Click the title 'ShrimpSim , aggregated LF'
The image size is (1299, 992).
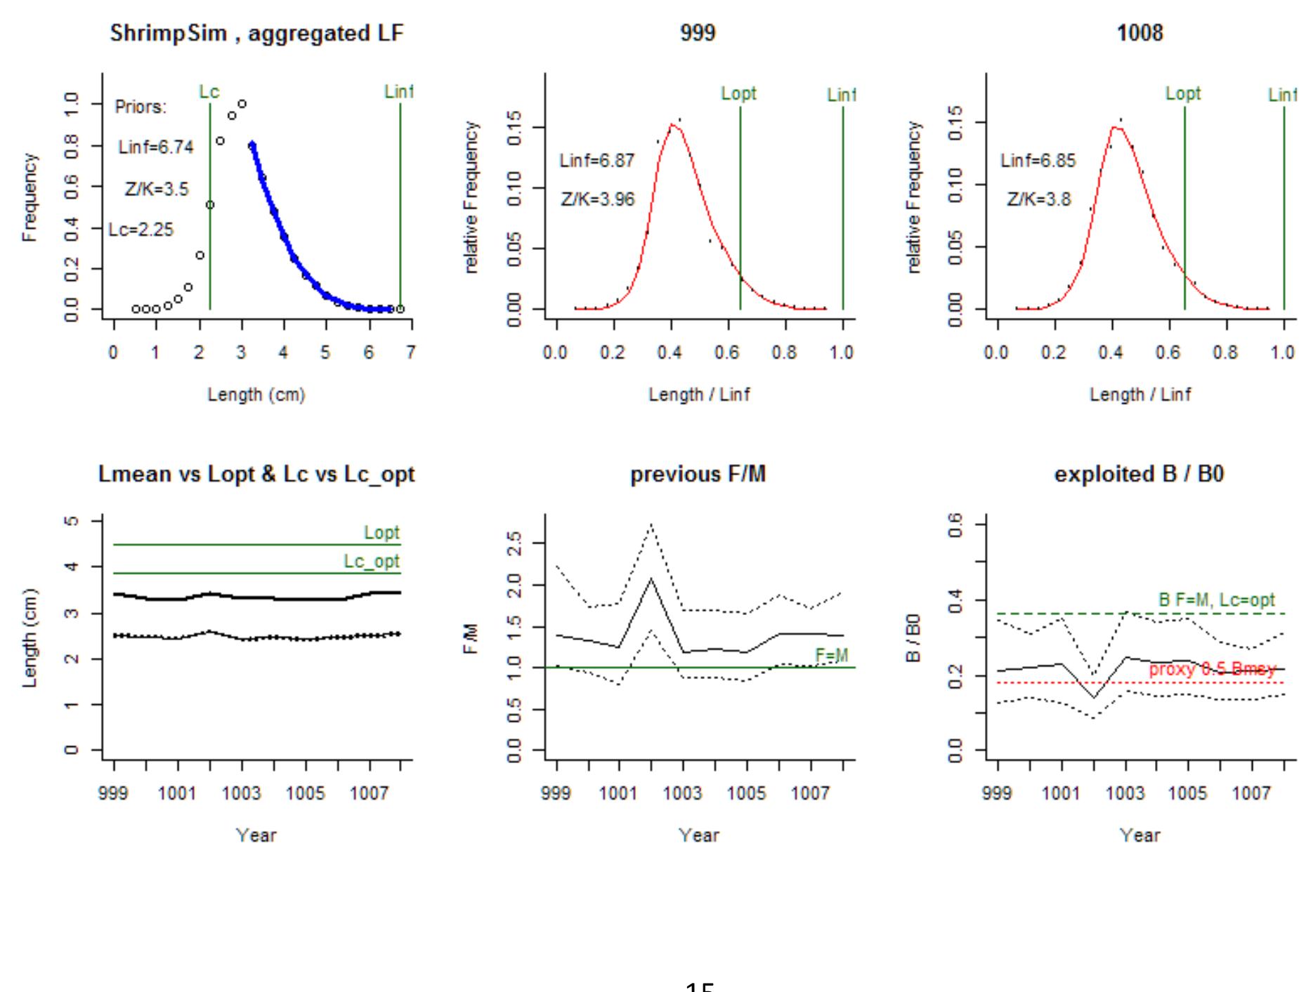click(x=256, y=33)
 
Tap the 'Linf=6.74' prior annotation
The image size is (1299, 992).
click(x=156, y=147)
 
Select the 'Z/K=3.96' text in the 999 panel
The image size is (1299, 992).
click(x=598, y=199)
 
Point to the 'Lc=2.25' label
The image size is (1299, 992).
click(x=141, y=230)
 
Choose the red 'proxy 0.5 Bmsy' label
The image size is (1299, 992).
click(x=1212, y=669)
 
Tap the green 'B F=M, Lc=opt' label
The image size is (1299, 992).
click(x=1217, y=600)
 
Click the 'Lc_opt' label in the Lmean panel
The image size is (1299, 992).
click(x=372, y=562)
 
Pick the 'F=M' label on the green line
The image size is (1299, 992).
click(x=832, y=655)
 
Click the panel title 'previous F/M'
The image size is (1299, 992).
click(x=698, y=475)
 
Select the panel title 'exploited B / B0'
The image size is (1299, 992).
click(x=1139, y=475)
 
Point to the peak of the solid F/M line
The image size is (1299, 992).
click(x=651, y=578)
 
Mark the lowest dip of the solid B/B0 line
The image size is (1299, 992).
click(x=1094, y=698)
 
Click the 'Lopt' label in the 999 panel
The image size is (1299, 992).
click(x=738, y=93)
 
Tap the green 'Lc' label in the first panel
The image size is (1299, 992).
click(x=209, y=92)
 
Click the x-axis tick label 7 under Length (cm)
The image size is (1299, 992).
click(x=410, y=352)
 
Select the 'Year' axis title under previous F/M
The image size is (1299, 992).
click(x=699, y=835)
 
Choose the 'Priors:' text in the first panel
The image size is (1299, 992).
click(x=141, y=107)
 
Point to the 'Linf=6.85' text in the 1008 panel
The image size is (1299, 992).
click(x=1038, y=161)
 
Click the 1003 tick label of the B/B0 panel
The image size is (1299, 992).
click(x=1125, y=793)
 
